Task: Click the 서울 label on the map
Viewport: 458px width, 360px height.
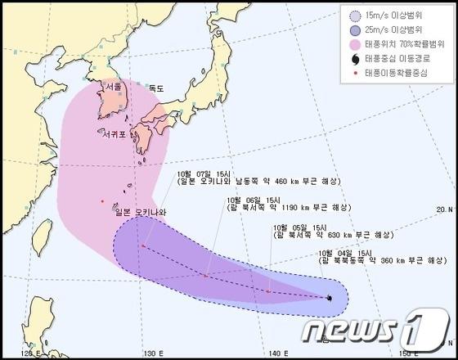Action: [x=113, y=87]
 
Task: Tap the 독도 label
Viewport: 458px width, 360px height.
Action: [x=156, y=88]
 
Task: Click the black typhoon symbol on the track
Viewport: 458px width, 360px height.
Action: [x=329, y=298]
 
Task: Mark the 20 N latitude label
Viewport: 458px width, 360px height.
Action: [x=444, y=208]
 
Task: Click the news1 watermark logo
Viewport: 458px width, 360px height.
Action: [x=375, y=329]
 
